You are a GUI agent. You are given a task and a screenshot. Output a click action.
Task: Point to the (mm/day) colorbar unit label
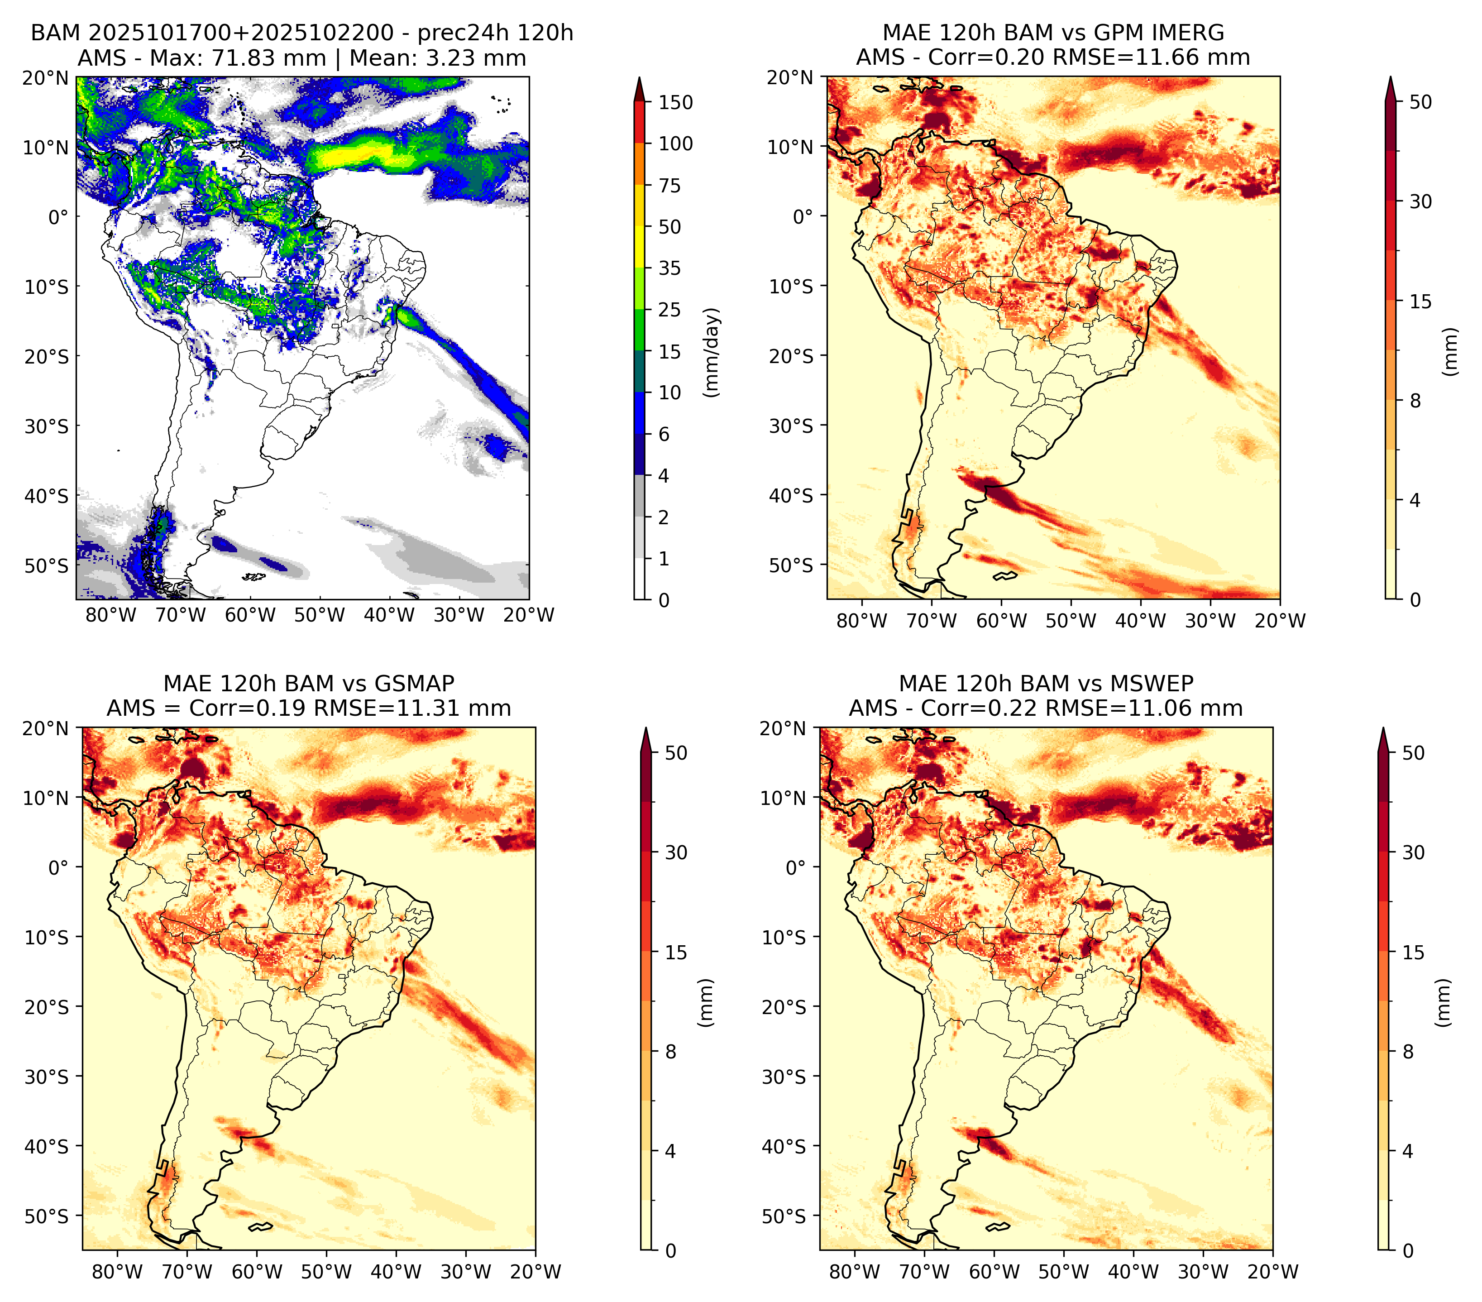tap(712, 352)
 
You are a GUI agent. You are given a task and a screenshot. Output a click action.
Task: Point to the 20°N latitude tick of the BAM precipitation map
tap(46, 77)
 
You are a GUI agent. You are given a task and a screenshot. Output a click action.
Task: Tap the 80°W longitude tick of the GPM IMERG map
tap(861, 621)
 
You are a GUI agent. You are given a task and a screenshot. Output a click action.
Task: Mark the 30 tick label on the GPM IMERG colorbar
tap(1420, 201)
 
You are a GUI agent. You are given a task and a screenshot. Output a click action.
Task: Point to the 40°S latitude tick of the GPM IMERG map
tap(791, 495)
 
